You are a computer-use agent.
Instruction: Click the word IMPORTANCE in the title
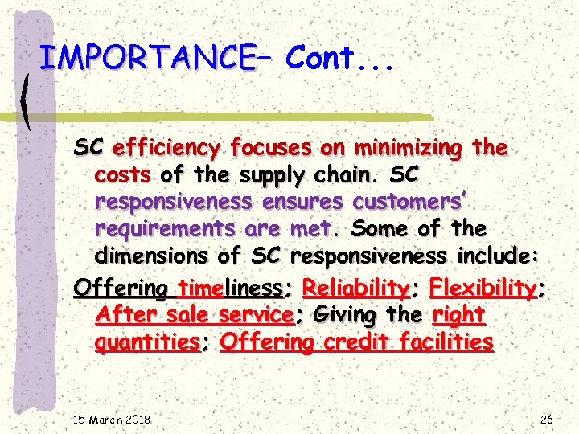[x=146, y=58]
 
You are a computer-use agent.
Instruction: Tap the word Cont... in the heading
[x=339, y=58]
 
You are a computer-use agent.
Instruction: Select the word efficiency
[x=166, y=148]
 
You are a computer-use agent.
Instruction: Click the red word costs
[x=124, y=174]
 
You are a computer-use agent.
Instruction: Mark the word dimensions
[x=153, y=256]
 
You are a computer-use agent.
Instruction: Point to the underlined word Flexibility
[x=483, y=287]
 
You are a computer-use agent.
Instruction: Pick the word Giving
[x=342, y=314]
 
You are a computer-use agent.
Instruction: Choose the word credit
[x=356, y=342]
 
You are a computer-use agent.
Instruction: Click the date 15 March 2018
[x=112, y=419]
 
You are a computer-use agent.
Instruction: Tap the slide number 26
[x=546, y=419]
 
